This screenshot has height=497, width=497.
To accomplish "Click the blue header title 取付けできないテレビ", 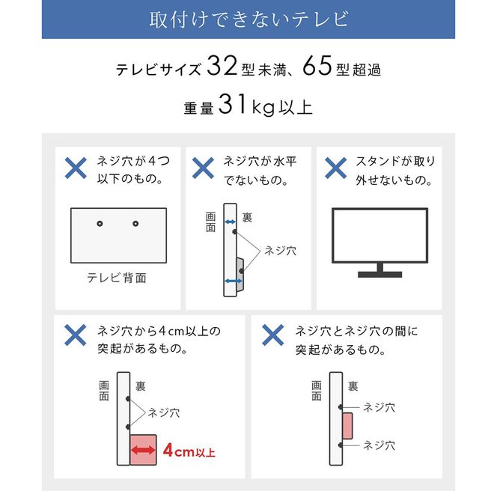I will pyautogui.click(x=248, y=19).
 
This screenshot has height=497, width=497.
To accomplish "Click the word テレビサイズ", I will pyautogui.click(x=158, y=71).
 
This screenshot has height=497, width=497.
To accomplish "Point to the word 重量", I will pyautogui.click(x=198, y=108).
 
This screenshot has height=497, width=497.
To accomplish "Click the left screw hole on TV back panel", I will pyautogui.click(x=100, y=223).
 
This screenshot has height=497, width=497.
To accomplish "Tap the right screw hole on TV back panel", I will pyautogui.click(x=135, y=223).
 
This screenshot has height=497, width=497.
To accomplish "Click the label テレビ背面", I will pyautogui.click(x=117, y=278).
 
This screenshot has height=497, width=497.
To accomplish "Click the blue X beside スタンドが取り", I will pyautogui.click(x=334, y=168).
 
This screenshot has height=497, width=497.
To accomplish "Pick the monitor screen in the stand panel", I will pyautogui.click(x=379, y=234).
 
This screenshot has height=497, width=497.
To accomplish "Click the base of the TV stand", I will pyautogui.click(x=379, y=274).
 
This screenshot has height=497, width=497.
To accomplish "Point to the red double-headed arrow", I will pyautogui.click(x=143, y=451).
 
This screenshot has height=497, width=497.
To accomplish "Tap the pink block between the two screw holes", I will pyautogui.click(x=347, y=426).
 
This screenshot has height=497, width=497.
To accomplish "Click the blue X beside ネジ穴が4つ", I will pyautogui.click(x=75, y=168).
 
